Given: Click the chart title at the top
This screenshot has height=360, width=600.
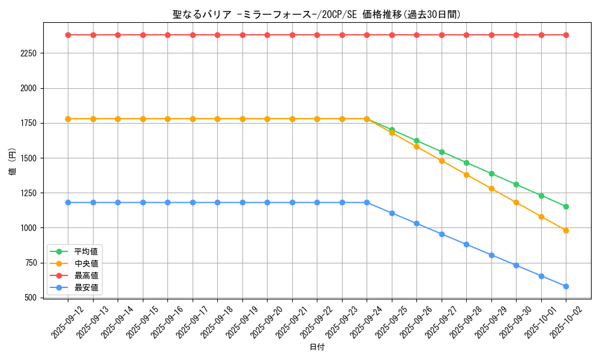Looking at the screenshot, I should tap(316, 14).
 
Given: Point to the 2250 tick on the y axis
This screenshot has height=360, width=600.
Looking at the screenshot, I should tap(28, 53).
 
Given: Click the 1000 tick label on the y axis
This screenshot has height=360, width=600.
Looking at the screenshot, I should tap(28, 228).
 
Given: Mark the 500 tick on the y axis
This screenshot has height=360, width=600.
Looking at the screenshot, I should tap(31, 298).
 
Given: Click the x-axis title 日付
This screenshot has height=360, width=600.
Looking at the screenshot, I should tap(316, 347).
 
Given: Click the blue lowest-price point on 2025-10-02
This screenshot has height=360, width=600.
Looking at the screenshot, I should tap(566, 286).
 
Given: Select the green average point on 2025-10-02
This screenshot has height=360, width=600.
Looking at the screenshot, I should tap(566, 206).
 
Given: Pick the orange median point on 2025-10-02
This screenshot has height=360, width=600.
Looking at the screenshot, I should tap(566, 230).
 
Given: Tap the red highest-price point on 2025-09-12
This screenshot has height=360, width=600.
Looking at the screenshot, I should tap(68, 35).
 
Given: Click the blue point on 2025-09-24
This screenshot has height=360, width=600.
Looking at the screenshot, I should tap(367, 202).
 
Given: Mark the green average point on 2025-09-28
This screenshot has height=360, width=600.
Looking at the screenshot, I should tap(466, 163).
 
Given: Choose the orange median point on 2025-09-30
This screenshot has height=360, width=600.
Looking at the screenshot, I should tap(516, 202).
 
